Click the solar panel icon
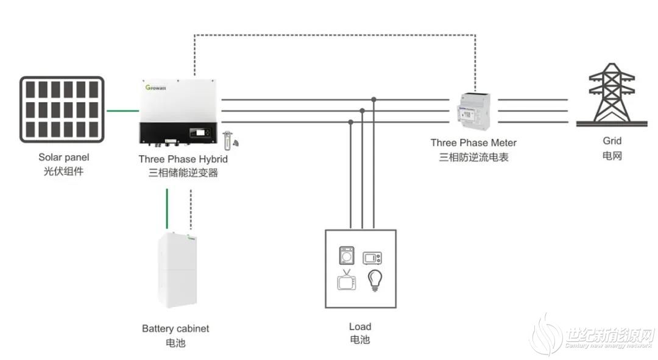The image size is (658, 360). tap(62, 110)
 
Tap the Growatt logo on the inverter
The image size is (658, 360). tap(156, 88)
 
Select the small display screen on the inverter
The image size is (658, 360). tap(200, 133)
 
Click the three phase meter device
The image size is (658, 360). tap(473, 111)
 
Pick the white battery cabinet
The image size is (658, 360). tap(177, 270)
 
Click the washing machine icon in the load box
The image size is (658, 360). tap(347, 255)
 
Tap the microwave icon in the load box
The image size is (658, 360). tap(372, 258)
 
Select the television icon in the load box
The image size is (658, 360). tap(347, 280)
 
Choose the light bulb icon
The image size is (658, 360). tap(375, 280)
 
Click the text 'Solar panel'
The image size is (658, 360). tap(64, 157)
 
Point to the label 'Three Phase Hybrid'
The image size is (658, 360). tap(183, 159)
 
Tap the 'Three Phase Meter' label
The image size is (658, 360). tap(473, 143)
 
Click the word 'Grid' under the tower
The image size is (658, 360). tap(612, 141)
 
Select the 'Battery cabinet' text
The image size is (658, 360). tap(175, 328)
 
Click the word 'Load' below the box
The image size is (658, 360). tap(360, 326)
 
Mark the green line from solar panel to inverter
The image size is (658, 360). tap(122, 111)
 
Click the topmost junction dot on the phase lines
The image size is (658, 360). tap(373, 99)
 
